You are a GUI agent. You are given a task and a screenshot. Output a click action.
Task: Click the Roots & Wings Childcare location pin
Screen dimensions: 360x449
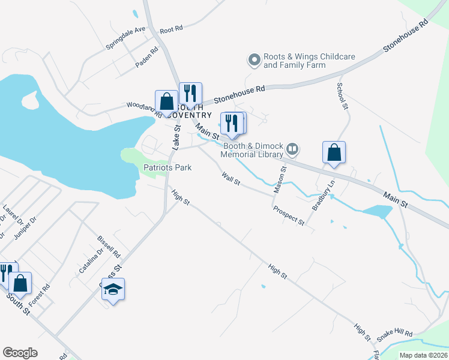point(254,59)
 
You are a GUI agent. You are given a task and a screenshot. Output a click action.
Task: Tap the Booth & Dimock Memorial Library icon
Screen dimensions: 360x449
point(292,148)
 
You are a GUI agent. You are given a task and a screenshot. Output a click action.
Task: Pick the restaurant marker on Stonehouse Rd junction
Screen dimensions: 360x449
point(190,93)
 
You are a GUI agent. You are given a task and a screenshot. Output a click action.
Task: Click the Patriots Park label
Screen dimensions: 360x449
point(167,167)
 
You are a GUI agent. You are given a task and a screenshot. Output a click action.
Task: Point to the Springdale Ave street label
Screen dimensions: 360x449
point(126,37)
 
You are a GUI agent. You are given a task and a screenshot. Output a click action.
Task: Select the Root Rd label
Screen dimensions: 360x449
point(171,29)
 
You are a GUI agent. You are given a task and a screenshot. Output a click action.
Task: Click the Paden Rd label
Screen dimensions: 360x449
point(146,55)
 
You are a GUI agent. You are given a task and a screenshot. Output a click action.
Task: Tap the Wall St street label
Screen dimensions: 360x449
point(231,178)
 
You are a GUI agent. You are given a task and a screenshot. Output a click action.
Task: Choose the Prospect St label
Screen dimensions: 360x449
point(289,215)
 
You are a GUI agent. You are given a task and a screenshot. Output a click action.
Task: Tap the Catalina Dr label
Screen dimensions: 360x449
point(91,262)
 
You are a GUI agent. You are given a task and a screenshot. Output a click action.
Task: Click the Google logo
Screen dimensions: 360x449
point(20,353)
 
